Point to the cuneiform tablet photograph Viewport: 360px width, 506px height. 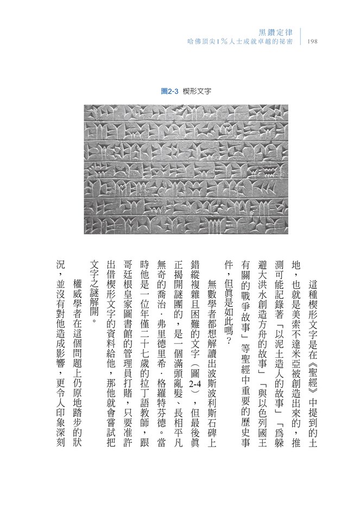pyautogui.click(x=186, y=168)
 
